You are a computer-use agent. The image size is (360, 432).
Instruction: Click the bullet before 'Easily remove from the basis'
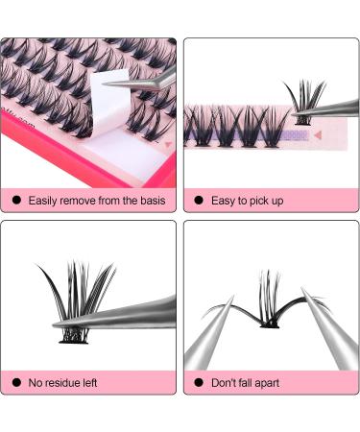(17, 201)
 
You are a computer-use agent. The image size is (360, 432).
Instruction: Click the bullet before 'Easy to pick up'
(200, 201)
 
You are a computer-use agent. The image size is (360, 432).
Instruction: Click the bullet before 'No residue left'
(17, 383)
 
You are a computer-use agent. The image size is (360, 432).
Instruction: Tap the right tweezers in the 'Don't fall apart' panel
(332, 331)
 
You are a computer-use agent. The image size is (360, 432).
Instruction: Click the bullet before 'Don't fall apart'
(200, 383)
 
